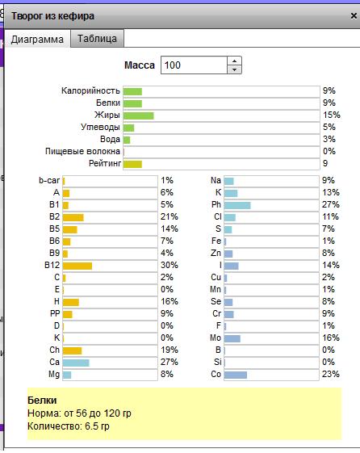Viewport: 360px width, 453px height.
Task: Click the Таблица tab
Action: click(x=98, y=38)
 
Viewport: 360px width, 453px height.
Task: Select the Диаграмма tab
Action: click(x=37, y=39)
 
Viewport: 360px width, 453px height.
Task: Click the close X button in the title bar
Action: click(x=354, y=15)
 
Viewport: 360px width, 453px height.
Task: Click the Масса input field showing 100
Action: click(x=194, y=65)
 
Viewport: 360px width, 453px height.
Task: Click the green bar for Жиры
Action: click(x=138, y=115)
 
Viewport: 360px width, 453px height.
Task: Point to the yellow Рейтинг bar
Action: click(x=132, y=164)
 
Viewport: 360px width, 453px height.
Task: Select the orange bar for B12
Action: click(x=77, y=266)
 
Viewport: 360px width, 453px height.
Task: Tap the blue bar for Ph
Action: click(x=237, y=205)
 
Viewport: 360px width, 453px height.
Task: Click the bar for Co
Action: click(x=236, y=375)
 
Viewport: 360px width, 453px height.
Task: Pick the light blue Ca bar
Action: click(x=76, y=363)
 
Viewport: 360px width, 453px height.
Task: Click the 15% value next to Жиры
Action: click(x=332, y=115)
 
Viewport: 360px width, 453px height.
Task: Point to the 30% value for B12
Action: click(x=170, y=265)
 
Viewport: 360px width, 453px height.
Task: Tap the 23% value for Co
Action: click(x=331, y=374)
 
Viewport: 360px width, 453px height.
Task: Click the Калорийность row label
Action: click(x=90, y=90)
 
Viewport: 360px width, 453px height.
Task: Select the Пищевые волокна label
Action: click(x=82, y=151)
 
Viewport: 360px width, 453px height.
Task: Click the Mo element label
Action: click(x=216, y=338)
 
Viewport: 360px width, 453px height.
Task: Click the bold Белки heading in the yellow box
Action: click(x=42, y=401)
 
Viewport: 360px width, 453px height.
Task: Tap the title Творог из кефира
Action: click(x=52, y=16)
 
